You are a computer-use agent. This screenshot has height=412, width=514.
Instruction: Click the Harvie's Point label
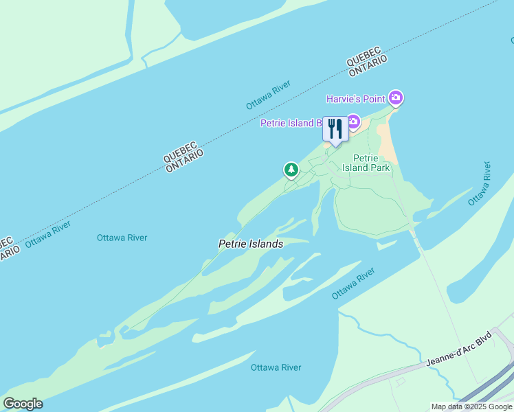coord(355,99)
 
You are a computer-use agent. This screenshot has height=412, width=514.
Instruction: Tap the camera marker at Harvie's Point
coord(395,98)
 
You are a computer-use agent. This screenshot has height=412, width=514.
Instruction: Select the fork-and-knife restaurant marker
coord(335,128)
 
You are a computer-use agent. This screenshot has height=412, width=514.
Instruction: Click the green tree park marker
coord(291,169)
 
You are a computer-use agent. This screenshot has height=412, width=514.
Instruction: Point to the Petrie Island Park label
coord(371,163)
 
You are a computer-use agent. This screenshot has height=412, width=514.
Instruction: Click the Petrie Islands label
coord(250,244)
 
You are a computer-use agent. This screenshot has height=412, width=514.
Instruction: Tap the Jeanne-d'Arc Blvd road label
coord(460,350)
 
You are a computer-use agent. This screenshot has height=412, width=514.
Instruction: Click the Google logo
coord(23,404)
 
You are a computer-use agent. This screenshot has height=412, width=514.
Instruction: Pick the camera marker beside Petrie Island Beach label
coord(353,122)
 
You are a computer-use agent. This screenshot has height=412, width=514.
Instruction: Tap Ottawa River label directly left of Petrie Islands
coord(122,238)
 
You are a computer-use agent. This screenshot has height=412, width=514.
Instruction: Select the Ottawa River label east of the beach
coord(480,183)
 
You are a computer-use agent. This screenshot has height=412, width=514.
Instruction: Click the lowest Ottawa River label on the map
coord(276,367)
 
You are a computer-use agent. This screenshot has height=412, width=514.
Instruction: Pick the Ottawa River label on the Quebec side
coord(269,95)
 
